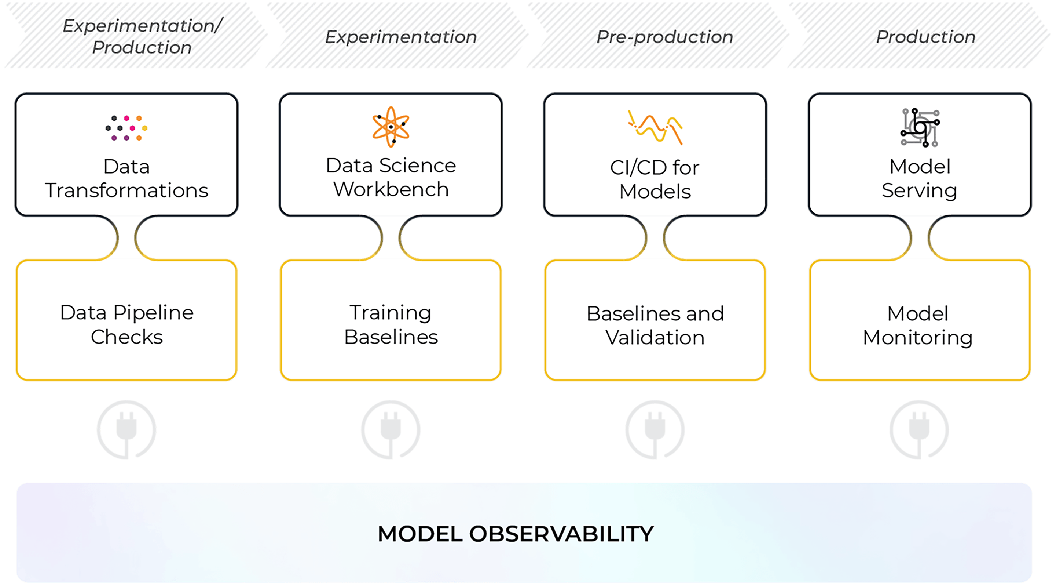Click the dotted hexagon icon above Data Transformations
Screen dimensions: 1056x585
[126, 128]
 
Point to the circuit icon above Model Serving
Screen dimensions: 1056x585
[920, 128]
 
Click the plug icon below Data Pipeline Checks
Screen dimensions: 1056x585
[126, 429]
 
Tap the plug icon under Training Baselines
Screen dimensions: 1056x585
[390, 429]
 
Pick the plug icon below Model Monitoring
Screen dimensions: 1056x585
[920, 429]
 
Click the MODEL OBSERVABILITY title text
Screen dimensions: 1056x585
[516, 534]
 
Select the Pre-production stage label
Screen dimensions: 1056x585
[664, 37]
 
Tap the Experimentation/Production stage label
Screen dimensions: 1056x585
[142, 36]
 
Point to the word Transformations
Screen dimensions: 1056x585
[126, 191]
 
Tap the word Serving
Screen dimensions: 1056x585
[920, 191]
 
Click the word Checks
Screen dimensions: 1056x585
[126, 337]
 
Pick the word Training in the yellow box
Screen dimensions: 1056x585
[390, 313]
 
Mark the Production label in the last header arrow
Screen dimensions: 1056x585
[925, 37]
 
